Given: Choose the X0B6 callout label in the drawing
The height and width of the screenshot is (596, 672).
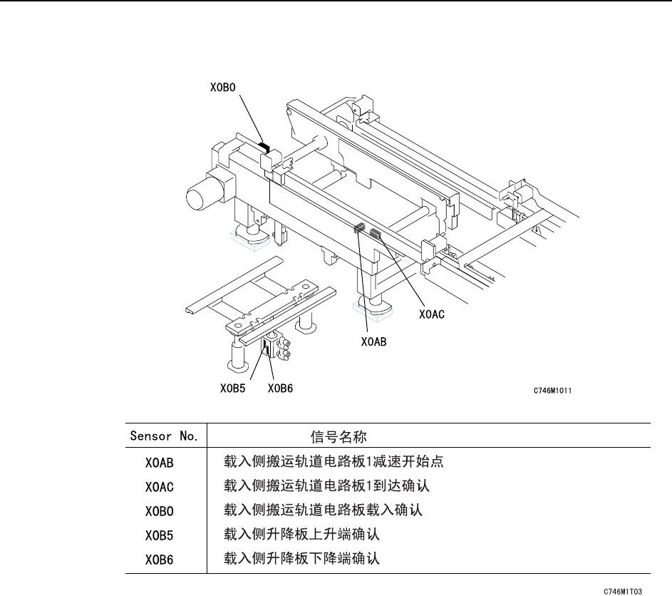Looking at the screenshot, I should coord(281,389).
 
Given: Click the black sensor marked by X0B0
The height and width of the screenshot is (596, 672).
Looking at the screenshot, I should coord(264,148).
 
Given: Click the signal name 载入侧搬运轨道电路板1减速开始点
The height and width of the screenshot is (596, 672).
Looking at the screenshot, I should coord(334,462).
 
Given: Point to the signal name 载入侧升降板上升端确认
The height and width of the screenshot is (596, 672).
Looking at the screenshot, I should coord(302,535).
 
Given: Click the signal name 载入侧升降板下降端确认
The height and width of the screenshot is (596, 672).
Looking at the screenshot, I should coord(302,559).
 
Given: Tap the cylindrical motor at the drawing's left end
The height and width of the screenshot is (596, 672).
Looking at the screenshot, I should coord(200,190).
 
